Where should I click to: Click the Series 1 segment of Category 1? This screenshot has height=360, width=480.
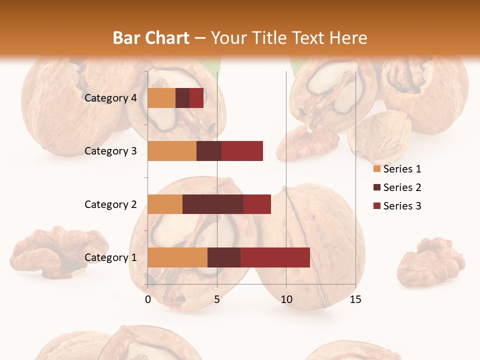[177, 257]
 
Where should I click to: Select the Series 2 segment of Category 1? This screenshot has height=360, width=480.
[224, 257]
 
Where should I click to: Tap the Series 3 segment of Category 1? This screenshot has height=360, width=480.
[275, 257]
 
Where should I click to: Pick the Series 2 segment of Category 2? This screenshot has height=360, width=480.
[213, 204]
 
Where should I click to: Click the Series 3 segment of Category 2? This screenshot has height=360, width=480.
[257, 204]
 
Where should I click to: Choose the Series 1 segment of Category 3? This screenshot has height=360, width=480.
[172, 150]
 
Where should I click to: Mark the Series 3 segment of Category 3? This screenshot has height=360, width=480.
[242, 150]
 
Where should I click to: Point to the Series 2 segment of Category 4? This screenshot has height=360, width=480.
[182, 97]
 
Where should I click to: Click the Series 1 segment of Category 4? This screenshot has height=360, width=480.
[161, 97]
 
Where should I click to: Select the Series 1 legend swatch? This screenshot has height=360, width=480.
[376, 169]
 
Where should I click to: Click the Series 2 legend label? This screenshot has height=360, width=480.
[402, 187]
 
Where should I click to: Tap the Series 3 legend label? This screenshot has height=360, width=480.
[402, 206]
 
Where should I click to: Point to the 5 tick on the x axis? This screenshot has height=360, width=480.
[217, 299]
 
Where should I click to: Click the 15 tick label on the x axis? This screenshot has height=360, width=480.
[355, 299]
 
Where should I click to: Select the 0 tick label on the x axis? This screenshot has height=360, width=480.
[148, 299]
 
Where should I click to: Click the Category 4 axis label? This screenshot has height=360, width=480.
[110, 98]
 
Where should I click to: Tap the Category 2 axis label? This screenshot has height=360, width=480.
[110, 204]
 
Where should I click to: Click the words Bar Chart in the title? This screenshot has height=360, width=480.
[150, 37]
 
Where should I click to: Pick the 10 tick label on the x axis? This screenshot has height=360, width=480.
[286, 299]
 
